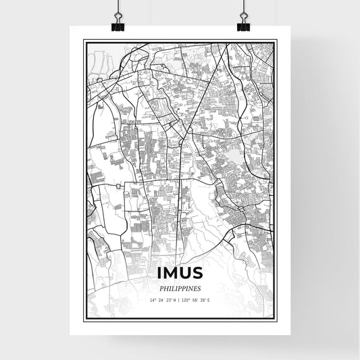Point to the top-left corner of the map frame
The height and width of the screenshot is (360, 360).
point(84,41)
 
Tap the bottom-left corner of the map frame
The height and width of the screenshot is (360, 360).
point(84,320)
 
